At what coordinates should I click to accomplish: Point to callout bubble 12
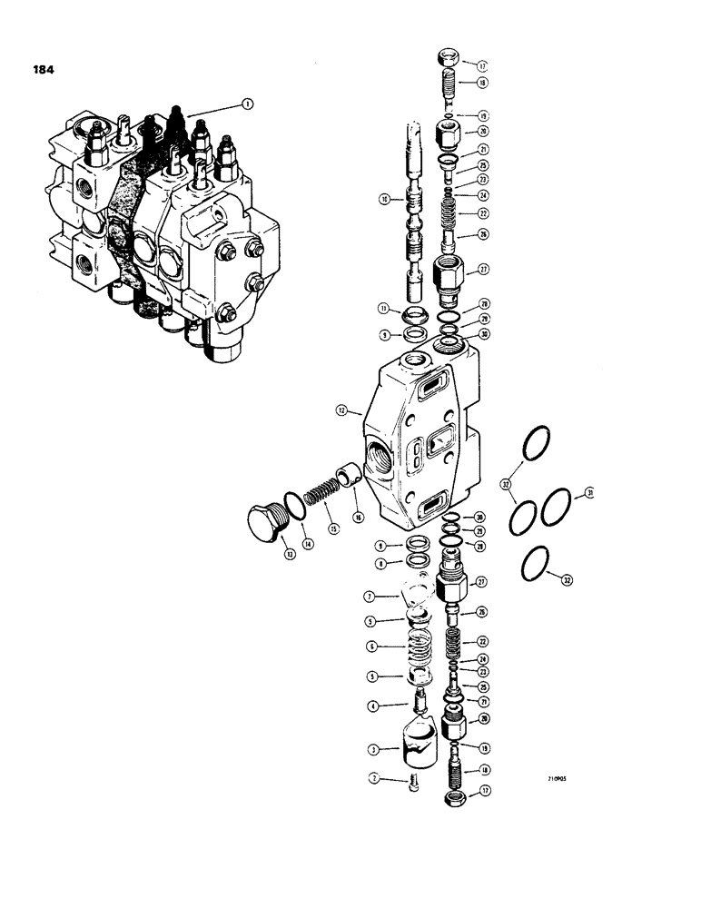click(341, 412)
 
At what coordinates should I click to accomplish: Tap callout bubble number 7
click(370, 597)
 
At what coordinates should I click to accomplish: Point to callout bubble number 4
click(371, 706)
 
